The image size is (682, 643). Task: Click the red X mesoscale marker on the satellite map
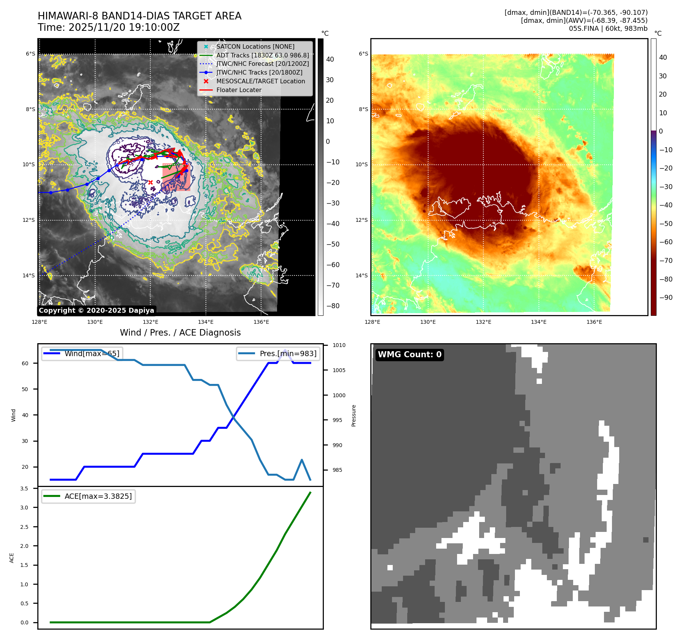point(150,182)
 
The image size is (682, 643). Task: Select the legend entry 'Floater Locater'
point(239,90)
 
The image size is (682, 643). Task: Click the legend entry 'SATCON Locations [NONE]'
point(255,46)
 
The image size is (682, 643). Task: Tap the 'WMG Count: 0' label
point(410,355)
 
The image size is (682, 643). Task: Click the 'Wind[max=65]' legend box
point(82,353)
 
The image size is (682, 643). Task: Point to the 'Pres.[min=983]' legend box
point(278,353)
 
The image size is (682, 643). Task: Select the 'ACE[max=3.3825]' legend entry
point(88,496)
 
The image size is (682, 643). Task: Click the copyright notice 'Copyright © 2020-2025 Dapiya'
point(96,310)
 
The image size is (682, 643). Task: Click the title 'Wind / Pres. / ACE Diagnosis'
point(180,333)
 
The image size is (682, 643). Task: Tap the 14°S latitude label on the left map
point(29,275)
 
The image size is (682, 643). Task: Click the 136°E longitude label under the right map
point(594,322)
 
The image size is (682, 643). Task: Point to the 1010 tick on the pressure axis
point(339,345)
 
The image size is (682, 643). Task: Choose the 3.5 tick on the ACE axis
point(24,489)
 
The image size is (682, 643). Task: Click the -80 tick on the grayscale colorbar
point(333,306)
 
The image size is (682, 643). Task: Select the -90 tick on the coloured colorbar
point(666,298)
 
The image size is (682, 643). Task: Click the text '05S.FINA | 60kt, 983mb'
point(608,29)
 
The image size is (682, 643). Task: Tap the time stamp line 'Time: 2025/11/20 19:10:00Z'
point(108,27)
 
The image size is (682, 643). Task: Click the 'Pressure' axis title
point(354,415)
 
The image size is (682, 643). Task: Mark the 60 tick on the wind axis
point(25,363)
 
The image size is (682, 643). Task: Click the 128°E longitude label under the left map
point(40,322)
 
